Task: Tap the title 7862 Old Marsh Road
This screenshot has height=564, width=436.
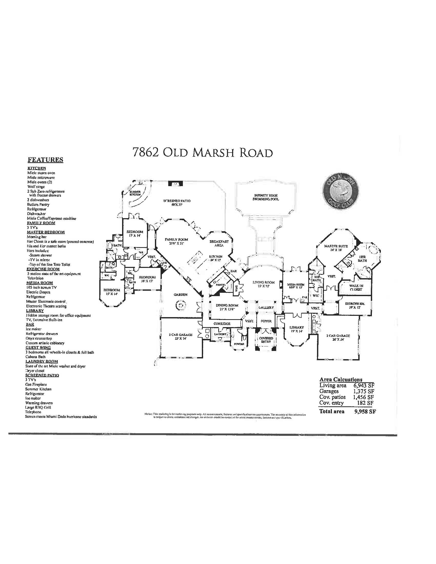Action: coord(202,152)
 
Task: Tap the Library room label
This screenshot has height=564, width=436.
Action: coord(296,329)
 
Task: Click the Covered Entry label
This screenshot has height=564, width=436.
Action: coord(266,340)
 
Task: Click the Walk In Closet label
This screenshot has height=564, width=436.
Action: coord(356,288)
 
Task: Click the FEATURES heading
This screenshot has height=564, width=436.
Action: coord(45,160)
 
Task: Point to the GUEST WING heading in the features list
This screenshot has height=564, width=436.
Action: coord(38,348)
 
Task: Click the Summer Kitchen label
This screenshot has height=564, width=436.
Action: coord(135,193)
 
